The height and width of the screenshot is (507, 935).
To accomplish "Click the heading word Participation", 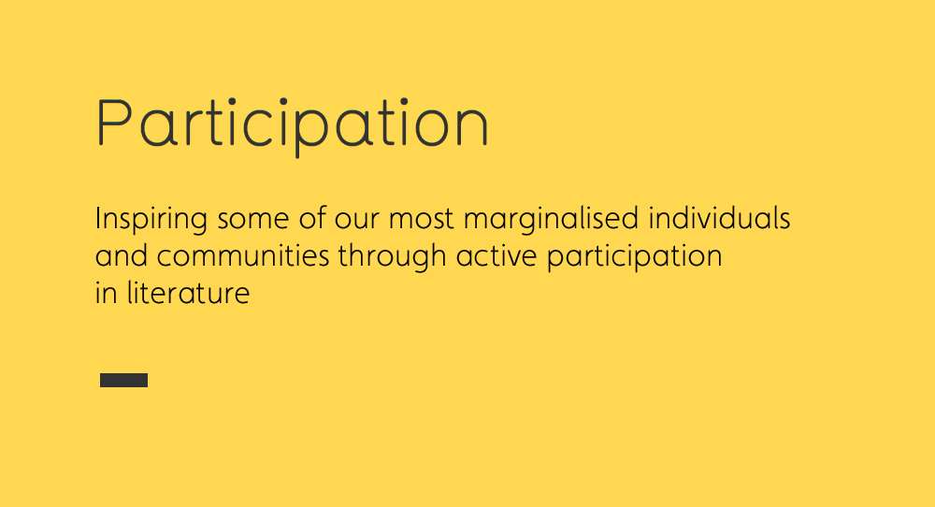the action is point(292,124).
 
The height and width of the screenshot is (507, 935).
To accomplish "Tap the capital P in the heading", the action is point(114,122).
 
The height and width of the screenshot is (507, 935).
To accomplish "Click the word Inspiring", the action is point(151,220).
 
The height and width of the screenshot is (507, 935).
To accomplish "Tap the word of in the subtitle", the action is point(312,218).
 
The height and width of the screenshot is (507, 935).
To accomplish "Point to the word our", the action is point(356,220).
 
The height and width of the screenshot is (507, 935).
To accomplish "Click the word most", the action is point(422,219).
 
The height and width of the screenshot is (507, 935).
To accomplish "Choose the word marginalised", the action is point(552,220).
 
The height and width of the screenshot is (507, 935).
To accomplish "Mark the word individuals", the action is point(719,218).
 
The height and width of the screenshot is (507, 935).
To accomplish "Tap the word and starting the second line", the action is point(121,255).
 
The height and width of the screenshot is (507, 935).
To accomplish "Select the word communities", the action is point(243,255).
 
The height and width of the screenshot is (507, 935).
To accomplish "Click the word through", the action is point(393,257).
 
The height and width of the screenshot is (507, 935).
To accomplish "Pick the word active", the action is point(496,255).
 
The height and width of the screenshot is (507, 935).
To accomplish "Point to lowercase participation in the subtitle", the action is point(635,257).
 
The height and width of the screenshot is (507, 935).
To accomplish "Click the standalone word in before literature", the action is point(107,292).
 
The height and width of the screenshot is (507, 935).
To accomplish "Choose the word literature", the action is point(188,292).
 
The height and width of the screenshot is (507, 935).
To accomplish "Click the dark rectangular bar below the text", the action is point(124,380).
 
